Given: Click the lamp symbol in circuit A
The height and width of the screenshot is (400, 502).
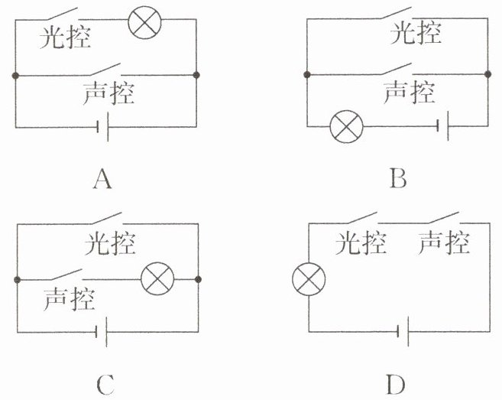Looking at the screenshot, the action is click(x=144, y=22).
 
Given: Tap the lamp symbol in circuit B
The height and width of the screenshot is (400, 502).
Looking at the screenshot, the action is click(x=346, y=126).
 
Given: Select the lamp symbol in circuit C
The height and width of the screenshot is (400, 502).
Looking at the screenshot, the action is click(x=157, y=279).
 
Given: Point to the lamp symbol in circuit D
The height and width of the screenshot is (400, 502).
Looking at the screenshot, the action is click(x=309, y=279).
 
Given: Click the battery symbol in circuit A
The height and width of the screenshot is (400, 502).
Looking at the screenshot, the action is click(x=103, y=127).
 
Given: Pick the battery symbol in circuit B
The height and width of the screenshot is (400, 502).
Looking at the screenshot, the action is click(x=442, y=125).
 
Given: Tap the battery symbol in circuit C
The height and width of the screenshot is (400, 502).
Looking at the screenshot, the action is click(x=102, y=332).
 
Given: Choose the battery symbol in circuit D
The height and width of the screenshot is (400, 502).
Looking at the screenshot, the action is click(x=403, y=331).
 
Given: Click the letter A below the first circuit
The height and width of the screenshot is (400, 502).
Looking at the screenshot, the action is click(x=102, y=179).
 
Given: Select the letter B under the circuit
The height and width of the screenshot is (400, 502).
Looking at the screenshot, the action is click(x=399, y=178).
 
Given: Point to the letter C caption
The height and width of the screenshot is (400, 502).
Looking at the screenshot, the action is click(x=105, y=384).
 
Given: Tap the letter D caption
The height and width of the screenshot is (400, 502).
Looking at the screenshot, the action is click(x=396, y=384).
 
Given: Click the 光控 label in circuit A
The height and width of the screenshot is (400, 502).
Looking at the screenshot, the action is click(x=65, y=37).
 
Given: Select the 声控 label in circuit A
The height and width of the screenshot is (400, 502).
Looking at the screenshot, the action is click(x=108, y=93).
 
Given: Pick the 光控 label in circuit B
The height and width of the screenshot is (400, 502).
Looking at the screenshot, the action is click(x=416, y=33).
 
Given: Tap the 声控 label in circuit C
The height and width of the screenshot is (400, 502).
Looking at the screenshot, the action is click(x=70, y=299).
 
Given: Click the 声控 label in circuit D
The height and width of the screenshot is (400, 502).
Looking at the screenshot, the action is click(x=444, y=242).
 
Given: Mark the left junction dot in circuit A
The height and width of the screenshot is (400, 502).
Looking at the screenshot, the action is click(x=15, y=76).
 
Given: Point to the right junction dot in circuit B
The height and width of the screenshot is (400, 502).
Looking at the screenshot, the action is click(x=487, y=74).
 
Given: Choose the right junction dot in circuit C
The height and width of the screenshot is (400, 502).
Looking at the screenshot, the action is click(x=198, y=279).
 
